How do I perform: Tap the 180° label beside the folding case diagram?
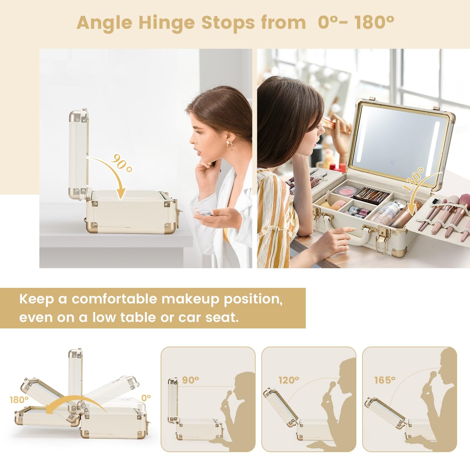coord(19,400)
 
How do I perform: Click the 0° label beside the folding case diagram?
coord(146,398)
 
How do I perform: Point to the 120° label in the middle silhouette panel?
coord(289,380)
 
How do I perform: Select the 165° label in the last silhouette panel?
coord(385,380)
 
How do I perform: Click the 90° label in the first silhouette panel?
coord(190,380)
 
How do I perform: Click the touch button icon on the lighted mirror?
coord(392,162)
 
